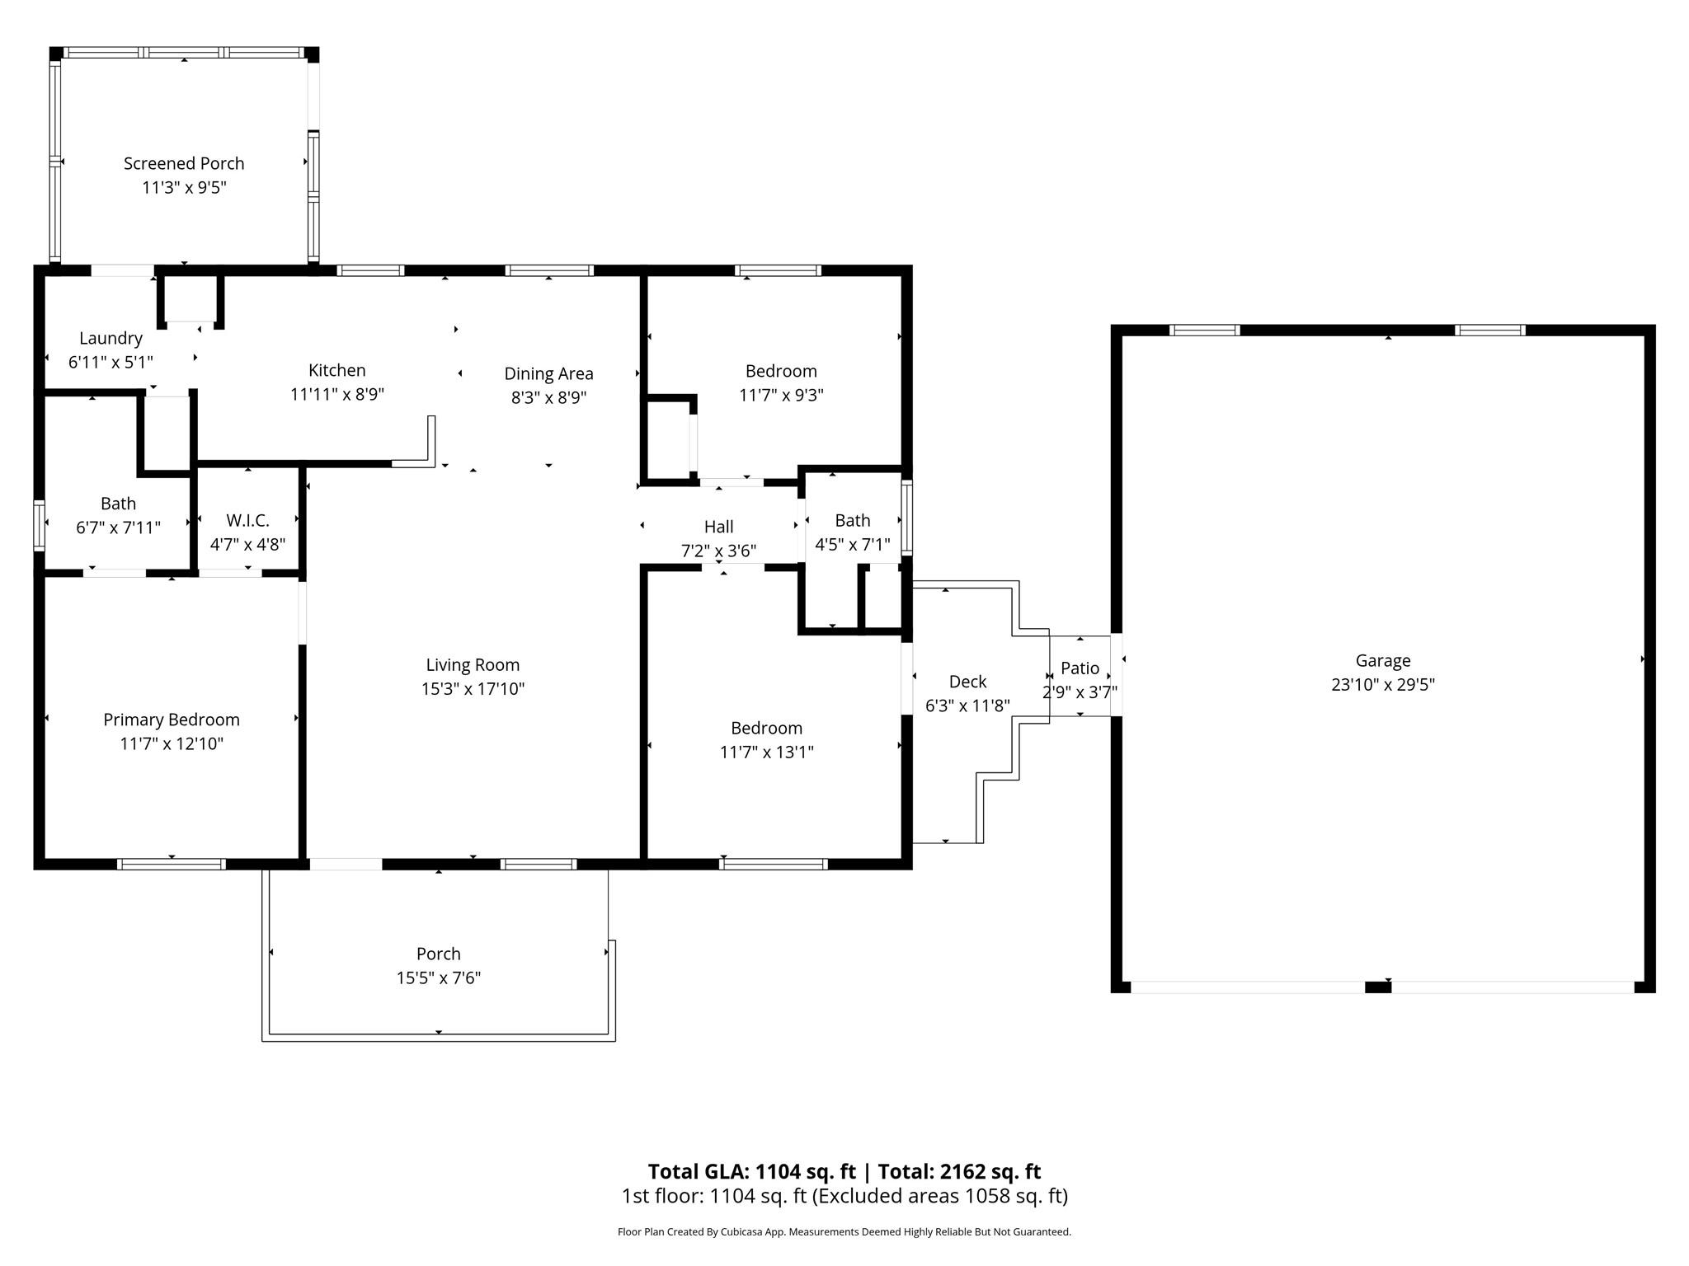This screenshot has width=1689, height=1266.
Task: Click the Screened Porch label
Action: coord(184,163)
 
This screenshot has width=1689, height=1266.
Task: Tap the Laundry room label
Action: coord(111,338)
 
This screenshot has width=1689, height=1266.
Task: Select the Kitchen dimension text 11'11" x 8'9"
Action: coord(337,395)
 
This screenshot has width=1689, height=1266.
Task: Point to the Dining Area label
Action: coord(548,374)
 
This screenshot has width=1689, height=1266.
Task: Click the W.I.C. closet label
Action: coord(247,521)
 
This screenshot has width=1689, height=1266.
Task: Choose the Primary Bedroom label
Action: coord(172,720)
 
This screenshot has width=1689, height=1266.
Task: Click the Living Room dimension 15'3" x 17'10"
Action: coord(473,689)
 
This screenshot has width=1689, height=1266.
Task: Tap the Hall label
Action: coord(718,527)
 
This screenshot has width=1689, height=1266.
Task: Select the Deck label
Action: coord(967,682)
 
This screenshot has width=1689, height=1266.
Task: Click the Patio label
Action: coord(1080,668)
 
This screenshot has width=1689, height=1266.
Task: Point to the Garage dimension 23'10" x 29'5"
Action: coord(1383,684)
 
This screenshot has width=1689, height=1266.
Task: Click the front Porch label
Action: coord(438,954)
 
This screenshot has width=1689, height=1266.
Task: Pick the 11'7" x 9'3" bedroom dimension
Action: coord(781,395)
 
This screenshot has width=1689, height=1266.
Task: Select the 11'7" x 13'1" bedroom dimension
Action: coord(767,752)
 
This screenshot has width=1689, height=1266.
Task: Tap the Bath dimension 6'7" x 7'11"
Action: coord(118,527)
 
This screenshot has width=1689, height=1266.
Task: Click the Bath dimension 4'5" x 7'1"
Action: coord(853,544)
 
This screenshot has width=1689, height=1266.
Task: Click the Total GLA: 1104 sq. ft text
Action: coord(751,1171)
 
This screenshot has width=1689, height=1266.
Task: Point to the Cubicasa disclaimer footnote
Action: coord(844,1231)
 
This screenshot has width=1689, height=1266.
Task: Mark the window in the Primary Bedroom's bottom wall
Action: coord(171,864)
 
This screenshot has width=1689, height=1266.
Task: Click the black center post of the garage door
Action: coord(1378,987)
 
